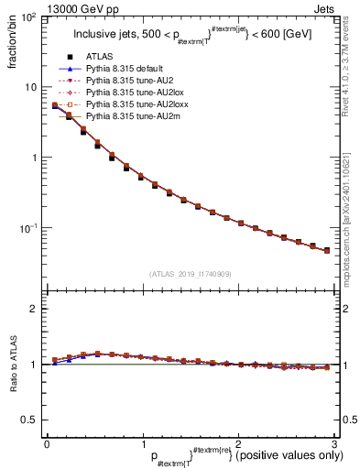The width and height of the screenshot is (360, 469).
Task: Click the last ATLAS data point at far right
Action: tap(327, 249)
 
